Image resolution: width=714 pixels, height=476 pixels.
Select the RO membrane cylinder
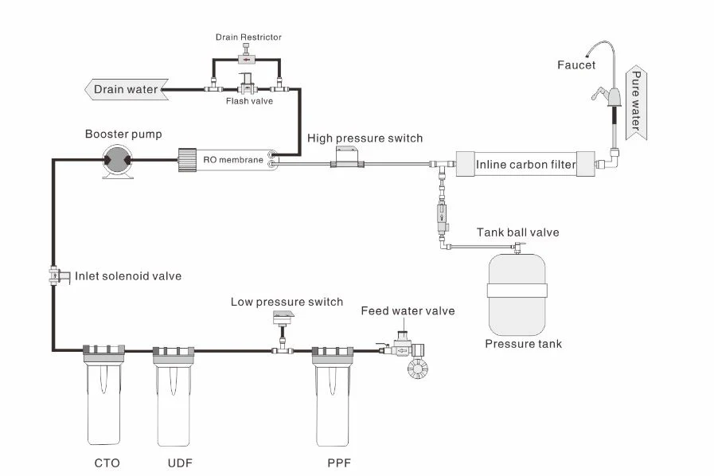click(x=228, y=159)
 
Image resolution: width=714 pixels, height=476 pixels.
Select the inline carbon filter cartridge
click(x=526, y=165)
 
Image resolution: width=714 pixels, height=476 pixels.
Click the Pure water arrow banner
click(x=636, y=101)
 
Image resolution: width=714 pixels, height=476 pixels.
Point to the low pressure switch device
click(x=283, y=320)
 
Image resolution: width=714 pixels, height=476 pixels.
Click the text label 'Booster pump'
click(x=123, y=134)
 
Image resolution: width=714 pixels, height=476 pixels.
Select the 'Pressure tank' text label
click(x=523, y=344)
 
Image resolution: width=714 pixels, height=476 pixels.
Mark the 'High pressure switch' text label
click(x=365, y=138)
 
